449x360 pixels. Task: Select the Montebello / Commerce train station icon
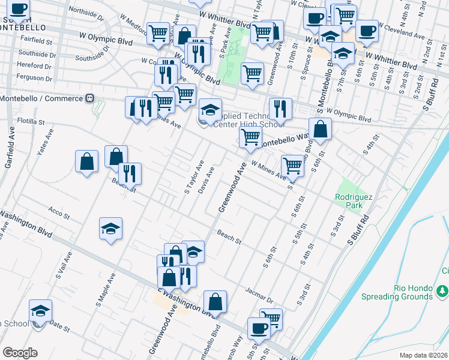tap(89, 98)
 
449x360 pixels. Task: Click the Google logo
tap(20, 353)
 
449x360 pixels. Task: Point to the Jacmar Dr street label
tap(259, 295)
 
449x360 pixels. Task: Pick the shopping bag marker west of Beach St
tap(87, 161)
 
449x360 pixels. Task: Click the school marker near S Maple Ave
tap(111, 229)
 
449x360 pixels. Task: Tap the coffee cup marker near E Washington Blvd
tap(259, 329)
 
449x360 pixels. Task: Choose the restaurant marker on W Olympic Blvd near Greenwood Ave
tap(280, 109)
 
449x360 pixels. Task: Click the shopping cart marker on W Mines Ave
tap(292, 165)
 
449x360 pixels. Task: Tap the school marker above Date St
tap(40, 311)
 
